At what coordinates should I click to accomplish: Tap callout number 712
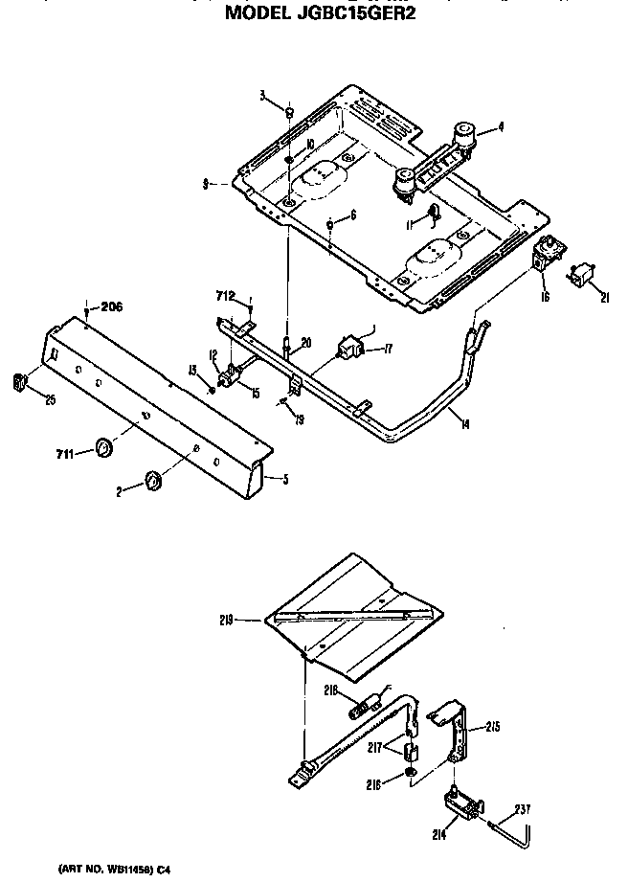227,296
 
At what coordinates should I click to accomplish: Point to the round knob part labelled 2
152,479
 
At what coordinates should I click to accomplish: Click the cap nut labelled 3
288,113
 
